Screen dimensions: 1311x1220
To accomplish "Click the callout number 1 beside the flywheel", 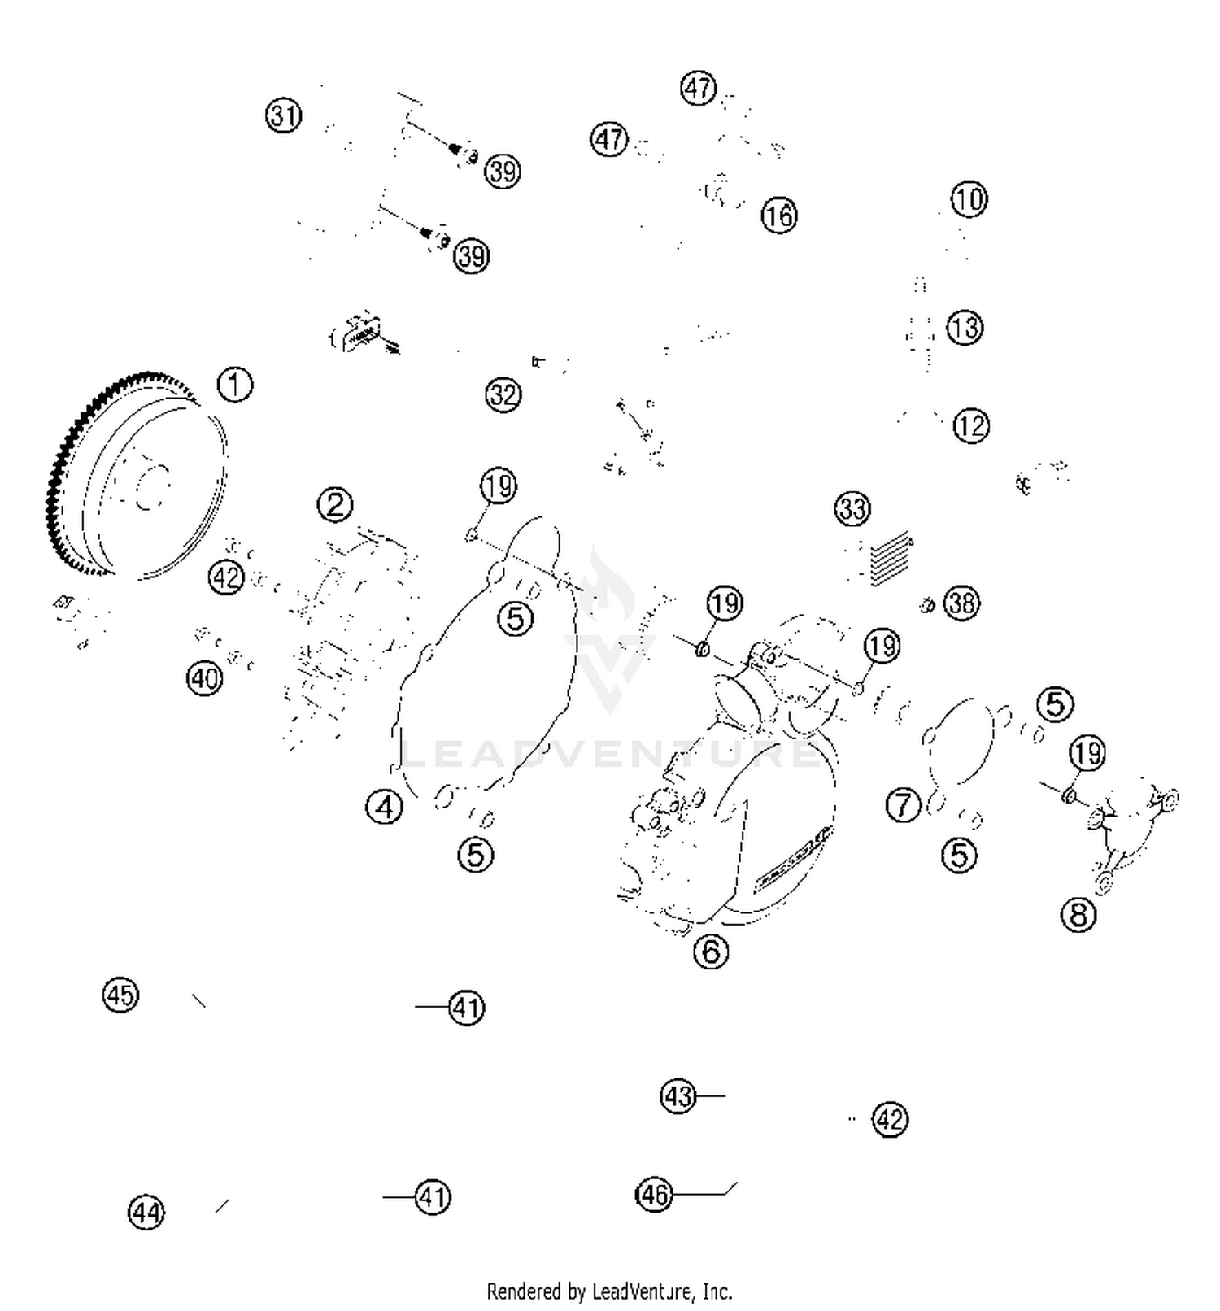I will (235, 385).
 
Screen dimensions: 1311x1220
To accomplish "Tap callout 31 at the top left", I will (283, 115).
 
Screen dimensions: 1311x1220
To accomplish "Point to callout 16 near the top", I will (778, 216).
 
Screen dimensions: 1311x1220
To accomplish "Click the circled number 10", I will (968, 199).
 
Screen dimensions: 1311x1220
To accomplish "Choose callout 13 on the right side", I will (965, 329).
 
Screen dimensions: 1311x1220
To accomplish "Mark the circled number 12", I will (970, 426).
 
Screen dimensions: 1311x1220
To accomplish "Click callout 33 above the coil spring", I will (852, 509).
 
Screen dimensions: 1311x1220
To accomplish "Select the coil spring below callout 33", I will (891, 559).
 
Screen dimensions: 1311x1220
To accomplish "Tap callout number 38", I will (961, 603).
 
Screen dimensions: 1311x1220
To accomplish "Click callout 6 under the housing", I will (711, 951).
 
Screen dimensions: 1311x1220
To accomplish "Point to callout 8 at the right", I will (1078, 915).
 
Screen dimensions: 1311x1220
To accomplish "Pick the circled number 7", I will (903, 805).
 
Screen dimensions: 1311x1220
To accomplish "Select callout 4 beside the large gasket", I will (384, 807).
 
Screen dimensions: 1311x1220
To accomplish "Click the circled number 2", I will (335, 505).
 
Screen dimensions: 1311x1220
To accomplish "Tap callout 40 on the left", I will (204, 677).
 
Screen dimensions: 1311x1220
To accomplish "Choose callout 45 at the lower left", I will (121, 995).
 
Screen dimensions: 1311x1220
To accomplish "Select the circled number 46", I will (654, 1194).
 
